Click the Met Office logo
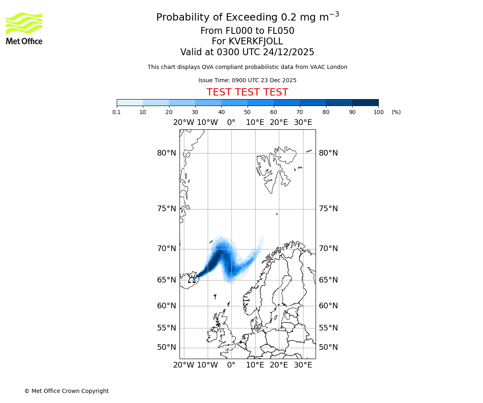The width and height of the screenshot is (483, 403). (x=24, y=28)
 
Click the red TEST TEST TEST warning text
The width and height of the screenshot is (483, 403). (x=247, y=92)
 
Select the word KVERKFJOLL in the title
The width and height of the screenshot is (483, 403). (x=256, y=42)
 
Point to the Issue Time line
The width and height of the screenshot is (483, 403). (x=247, y=80)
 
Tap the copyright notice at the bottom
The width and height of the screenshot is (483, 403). (x=66, y=391)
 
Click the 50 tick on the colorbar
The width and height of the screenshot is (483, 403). (x=248, y=112)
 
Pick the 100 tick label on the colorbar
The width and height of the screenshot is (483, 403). (x=378, y=112)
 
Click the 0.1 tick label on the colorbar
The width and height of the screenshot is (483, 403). (x=117, y=112)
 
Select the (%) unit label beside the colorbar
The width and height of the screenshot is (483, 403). (x=396, y=112)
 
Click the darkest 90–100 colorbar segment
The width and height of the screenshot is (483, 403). (x=365, y=102)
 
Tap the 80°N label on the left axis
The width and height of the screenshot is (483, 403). (x=167, y=153)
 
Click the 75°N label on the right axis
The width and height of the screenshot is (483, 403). (x=328, y=209)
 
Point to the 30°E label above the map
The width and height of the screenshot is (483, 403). (x=303, y=123)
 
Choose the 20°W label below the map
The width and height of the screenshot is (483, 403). (x=184, y=365)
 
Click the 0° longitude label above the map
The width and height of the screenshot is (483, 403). (x=231, y=123)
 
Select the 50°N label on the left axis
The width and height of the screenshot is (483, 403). (x=167, y=347)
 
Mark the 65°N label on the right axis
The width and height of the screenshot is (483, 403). (x=328, y=280)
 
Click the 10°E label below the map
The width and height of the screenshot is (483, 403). (x=255, y=365)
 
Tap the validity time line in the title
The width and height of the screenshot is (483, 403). (x=247, y=52)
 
